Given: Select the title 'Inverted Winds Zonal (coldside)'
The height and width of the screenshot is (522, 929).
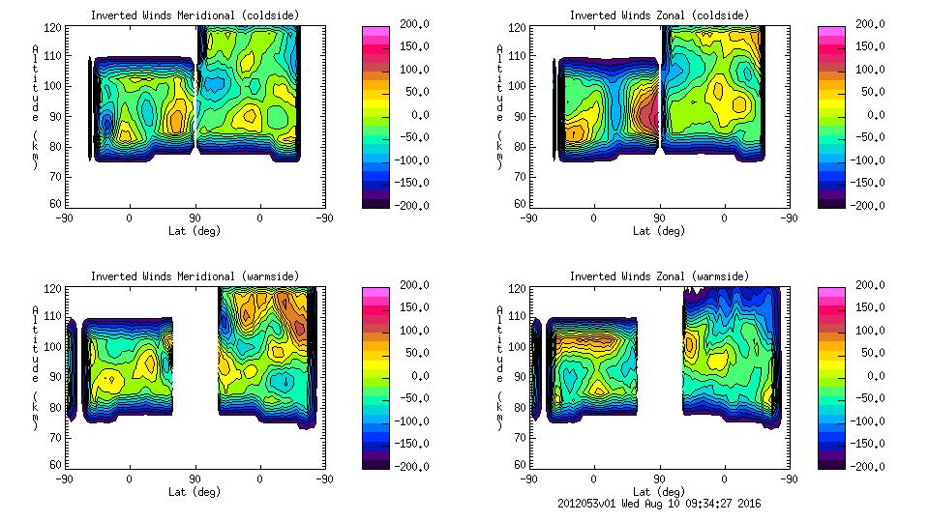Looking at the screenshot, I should [x=659, y=15].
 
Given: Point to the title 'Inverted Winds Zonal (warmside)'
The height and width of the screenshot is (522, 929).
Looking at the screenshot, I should [x=659, y=276].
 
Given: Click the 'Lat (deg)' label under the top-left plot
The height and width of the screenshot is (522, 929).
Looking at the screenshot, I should [x=195, y=231].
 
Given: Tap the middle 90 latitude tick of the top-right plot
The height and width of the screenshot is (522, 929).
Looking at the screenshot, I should [x=659, y=218].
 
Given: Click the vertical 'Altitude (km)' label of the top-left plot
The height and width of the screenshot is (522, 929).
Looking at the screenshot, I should [x=36, y=106].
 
